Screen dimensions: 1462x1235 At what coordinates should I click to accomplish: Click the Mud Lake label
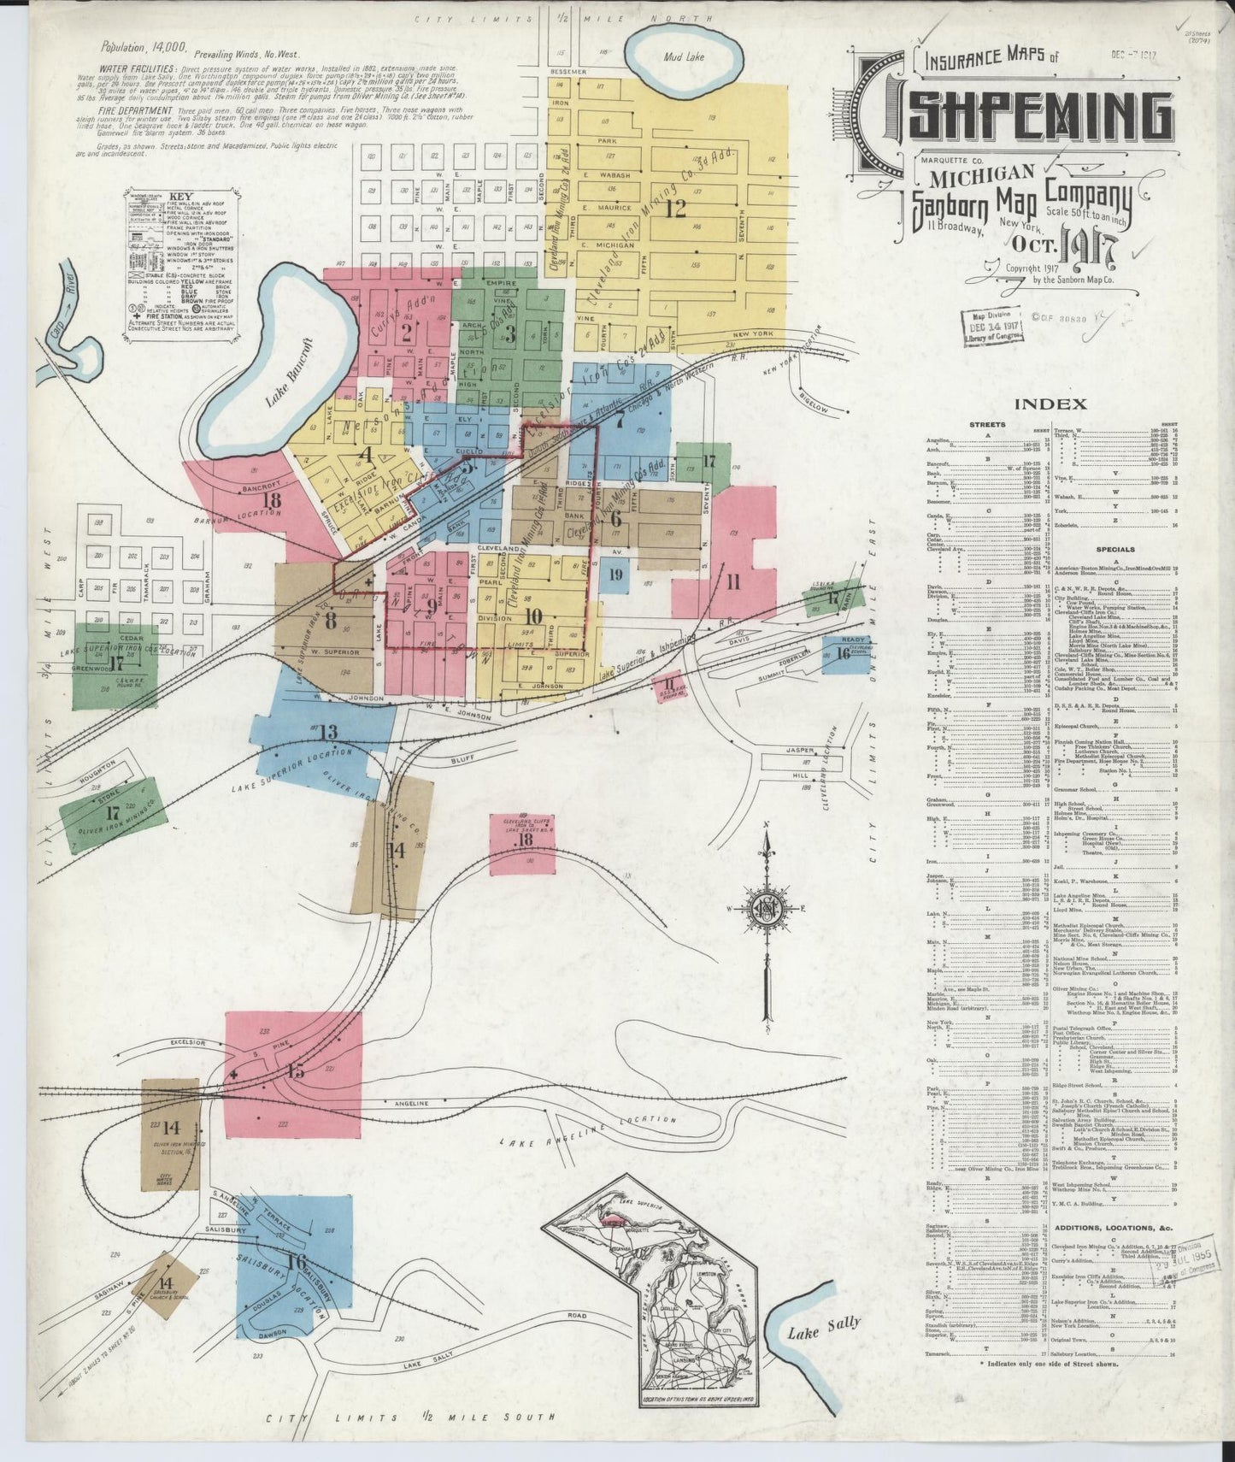pos(685,57)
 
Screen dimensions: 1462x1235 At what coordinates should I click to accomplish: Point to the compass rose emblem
pos(767,911)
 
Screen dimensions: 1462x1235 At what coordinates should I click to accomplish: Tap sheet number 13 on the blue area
pos(328,731)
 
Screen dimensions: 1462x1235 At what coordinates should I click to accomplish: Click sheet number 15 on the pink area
pos(296,1071)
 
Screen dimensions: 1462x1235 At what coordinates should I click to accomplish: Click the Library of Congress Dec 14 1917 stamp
pos(992,328)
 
